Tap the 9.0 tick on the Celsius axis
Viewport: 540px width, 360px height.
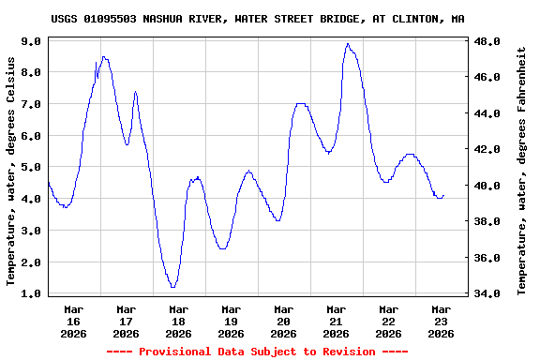[x=30, y=41]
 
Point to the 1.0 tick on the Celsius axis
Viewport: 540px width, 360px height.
[x=30, y=293]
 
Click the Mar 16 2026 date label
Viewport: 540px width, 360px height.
[x=73, y=321]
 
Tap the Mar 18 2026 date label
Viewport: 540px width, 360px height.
[x=178, y=321]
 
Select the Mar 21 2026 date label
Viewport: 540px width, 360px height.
[x=336, y=321]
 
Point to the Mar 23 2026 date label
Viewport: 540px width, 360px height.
[x=441, y=321]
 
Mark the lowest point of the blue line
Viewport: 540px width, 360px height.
[x=173, y=287]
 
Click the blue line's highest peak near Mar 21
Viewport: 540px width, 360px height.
[x=347, y=43]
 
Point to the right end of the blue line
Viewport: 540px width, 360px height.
[x=443, y=196]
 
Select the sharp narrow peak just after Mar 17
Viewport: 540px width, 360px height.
[x=135, y=92]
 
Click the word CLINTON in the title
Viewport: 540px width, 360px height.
[x=415, y=19]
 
